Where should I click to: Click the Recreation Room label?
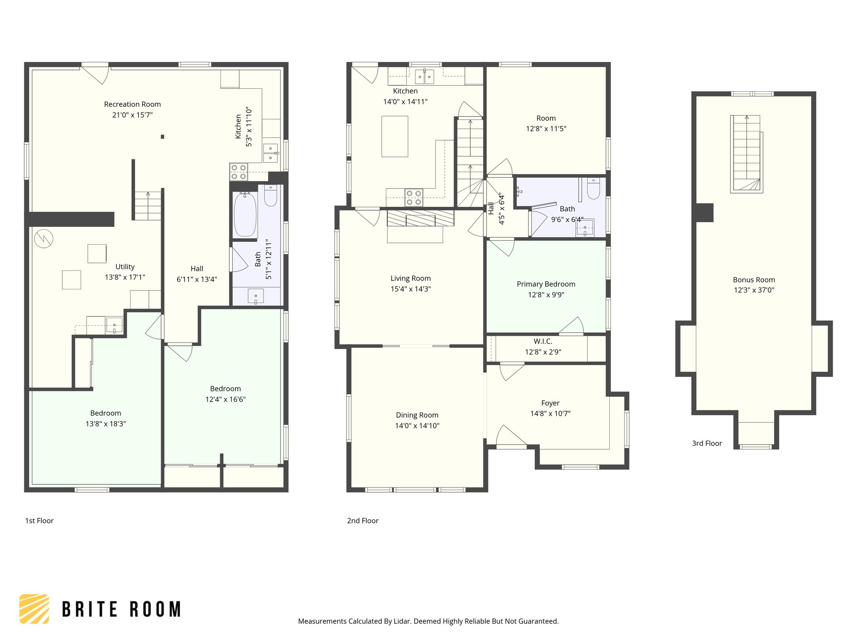coord(132,104)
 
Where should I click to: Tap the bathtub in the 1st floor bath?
coord(245,214)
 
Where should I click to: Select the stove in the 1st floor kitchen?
coord(239,172)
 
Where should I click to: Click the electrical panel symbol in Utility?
coord(44,239)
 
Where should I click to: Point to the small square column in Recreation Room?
coord(162,136)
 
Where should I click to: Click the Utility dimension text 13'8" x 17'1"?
coord(125,277)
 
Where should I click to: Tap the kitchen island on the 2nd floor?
coord(395,136)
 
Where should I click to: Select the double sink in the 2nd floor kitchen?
coord(424,77)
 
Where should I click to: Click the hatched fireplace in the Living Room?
coord(420,218)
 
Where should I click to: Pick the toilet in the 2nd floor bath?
coord(593,189)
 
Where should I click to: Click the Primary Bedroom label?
coord(546,284)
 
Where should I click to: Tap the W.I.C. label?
coord(543,342)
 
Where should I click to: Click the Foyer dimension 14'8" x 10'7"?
coord(550,414)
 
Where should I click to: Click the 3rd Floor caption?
coord(707,443)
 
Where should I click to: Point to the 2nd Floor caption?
coord(362,521)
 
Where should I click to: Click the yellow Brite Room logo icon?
coord(34,609)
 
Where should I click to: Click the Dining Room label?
coord(417,415)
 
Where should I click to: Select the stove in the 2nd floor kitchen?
coord(413,198)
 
